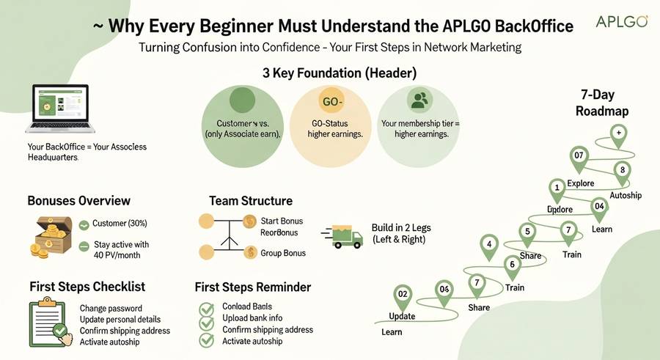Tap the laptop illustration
(x=56, y=109)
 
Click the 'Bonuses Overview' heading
(x=79, y=201)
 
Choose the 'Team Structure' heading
(x=251, y=201)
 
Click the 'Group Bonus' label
(x=283, y=253)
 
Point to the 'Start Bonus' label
(x=282, y=221)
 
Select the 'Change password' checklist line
(x=111, y=309)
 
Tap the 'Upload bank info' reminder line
(x=252, y=318)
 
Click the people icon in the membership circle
(x=419, y=100)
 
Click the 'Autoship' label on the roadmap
(x=626, y=195)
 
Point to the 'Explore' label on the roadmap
(x=581, y=183)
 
